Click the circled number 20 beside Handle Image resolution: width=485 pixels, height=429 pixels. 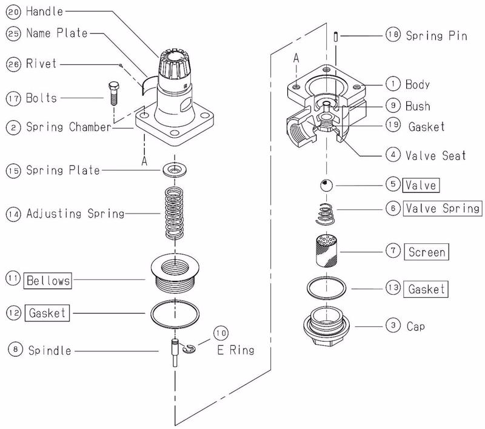(13, 12)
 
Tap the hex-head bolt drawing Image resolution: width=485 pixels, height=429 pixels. (114, 93)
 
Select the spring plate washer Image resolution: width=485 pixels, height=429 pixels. (175, 170)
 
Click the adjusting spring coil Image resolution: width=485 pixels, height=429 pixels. (174, 213)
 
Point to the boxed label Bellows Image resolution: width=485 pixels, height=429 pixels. (48, 281)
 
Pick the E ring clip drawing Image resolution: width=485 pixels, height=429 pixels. (189, 348)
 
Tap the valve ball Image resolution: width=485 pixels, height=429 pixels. (326, 186)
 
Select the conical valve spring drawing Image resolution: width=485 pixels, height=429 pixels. (325, 214)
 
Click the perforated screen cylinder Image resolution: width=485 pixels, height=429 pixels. (326, 251)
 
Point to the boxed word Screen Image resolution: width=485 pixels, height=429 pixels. (427, 252)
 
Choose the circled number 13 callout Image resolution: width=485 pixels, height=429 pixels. (393, 288)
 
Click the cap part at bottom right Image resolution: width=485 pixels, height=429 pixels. (327, 326)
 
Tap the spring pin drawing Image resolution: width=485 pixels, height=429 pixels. (336, 36)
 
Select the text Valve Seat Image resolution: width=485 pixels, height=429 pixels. (435, 155)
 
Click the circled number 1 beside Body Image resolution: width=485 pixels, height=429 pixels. (393, 84)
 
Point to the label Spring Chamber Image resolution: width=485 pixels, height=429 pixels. (69, 127)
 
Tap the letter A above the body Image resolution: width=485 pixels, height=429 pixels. (296, 58)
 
